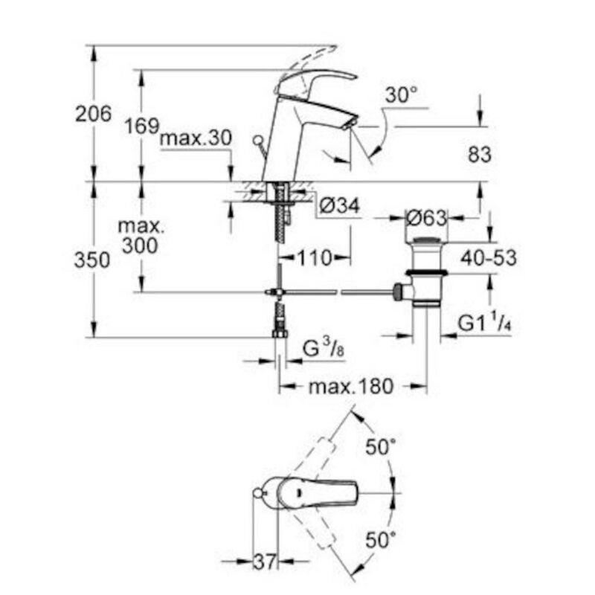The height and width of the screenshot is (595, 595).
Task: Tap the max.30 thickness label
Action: (x=196, y=139)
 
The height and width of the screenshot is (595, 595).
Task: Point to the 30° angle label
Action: (x=402, y=95)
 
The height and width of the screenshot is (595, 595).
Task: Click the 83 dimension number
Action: (x=480, y=155)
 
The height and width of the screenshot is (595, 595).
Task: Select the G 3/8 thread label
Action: (x=323, y=347)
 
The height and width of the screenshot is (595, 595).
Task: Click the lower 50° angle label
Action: (x=382, y=541)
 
